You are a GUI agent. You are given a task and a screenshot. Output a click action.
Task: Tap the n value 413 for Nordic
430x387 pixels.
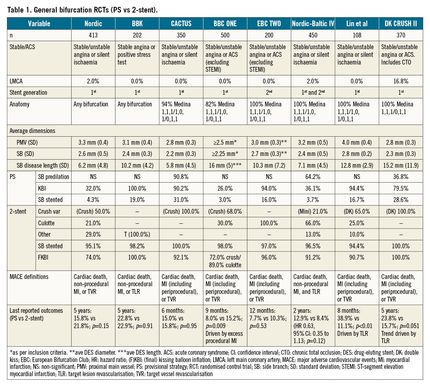(x=93, y=35)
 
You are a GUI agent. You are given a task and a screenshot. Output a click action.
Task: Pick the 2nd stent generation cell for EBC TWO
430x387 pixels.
(x=269, y=92)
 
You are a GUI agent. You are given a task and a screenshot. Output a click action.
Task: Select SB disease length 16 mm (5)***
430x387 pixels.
(x=225, y=165)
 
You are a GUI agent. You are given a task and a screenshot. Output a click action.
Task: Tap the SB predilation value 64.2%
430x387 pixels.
(x=313, y=176)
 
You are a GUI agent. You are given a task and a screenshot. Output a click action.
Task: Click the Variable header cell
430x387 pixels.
(x=39, y=24)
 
